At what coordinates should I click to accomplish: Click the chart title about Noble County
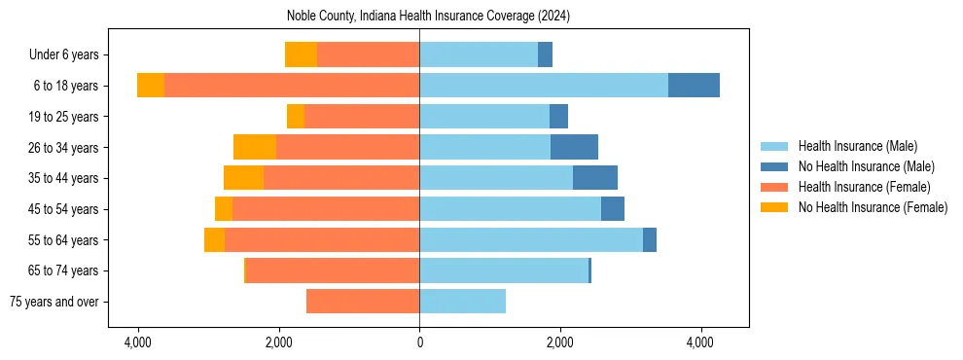click(x=428, y=17)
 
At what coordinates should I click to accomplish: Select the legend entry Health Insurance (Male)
click(x=857, y=146)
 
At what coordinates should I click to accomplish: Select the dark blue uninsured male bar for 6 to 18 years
click(x=694, y=86)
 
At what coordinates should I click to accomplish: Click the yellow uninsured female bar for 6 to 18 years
click(x=151, y=86)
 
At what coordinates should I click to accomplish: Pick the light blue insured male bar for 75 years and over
click(x=462, y=302)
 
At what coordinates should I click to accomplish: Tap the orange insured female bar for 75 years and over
click(x=363, y=302)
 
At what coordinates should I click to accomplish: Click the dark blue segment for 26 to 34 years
click(x=574, y=147)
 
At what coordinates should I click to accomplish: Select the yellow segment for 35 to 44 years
click(x=243, y=178)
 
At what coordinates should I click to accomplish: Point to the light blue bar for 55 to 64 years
click(x=531, y=239)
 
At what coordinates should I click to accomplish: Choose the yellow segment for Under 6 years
click(x=301, y=54)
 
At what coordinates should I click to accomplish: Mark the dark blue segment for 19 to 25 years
click(x=558, y=117)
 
